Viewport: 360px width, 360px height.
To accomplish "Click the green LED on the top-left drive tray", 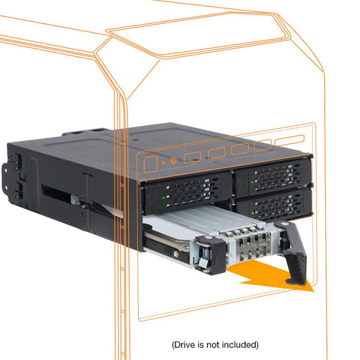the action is (163, 197).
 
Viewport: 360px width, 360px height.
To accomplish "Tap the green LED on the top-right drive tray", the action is (253, 181).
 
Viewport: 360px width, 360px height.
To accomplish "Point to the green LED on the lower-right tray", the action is (253, 213).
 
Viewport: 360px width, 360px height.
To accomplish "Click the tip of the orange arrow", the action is (313, 291).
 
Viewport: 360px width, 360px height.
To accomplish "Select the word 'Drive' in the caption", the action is (184, 345).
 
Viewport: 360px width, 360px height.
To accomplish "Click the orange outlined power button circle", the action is (173, 160).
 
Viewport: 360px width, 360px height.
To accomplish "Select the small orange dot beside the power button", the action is (163, 163).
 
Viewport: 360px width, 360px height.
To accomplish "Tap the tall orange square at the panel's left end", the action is (151, 164).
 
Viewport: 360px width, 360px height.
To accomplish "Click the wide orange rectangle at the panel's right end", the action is (289, 140).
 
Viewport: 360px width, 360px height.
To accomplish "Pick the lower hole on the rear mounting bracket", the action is (5, 185).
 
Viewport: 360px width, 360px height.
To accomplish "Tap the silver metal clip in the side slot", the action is (75, 200).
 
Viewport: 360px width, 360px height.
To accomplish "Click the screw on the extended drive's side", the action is (176, 253).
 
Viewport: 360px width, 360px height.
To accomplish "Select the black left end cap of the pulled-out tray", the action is (211, 255).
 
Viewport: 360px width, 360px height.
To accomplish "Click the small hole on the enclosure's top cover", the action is (136, 140).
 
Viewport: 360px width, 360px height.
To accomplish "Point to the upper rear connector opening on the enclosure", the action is (18, 159).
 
